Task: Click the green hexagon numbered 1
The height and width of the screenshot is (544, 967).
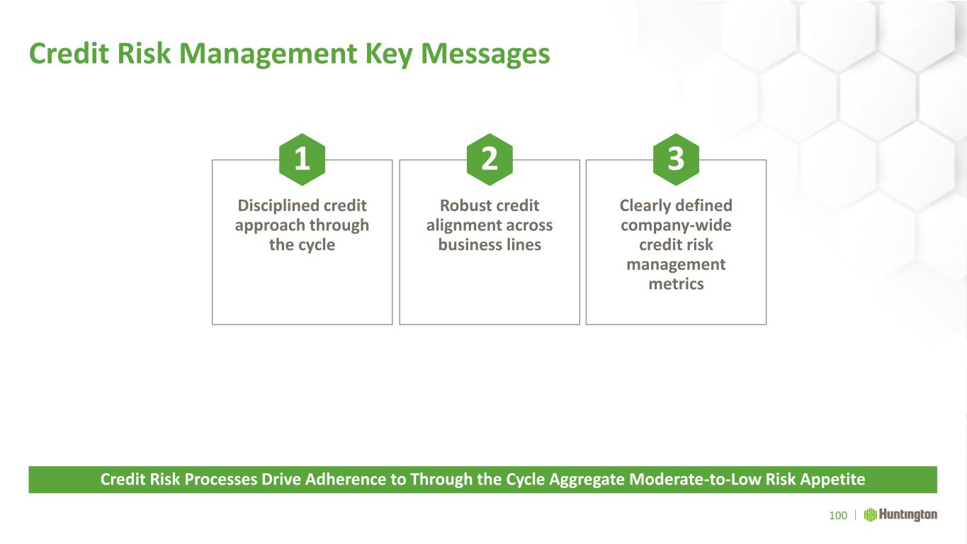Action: coord(302,159)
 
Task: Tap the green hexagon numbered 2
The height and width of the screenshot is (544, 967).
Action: coord(490,159)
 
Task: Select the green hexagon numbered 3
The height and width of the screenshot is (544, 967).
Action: coord(676,159)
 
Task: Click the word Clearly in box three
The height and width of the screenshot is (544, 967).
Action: coord(644,206)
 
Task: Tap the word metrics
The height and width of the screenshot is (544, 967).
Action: coord(676,284)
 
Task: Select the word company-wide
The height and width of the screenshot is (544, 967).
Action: coord(676,225)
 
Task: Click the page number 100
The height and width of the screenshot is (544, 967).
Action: coord(838,516)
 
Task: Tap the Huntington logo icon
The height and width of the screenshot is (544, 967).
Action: coord(870,515)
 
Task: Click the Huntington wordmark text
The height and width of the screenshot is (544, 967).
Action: coord(908,515)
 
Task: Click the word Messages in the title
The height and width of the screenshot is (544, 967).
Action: coord(485,55)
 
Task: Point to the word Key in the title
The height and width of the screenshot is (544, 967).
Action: coord(388,55)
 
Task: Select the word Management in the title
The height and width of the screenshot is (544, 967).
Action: coord(268,55)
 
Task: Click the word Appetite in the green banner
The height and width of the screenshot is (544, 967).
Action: coord(832,480)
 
